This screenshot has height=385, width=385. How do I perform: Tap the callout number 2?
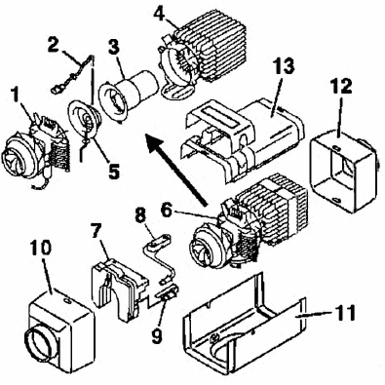tap(54, 45)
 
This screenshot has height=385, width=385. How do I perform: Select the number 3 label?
tap(114, 49)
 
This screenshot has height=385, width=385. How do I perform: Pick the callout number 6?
tap(167, 212)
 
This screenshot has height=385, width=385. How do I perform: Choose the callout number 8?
tap(140, 216)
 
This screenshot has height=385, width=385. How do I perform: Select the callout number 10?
tap(41, 249)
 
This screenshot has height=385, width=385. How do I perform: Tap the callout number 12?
tap(341, 86)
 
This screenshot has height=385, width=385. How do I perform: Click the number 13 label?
tap(284, 65)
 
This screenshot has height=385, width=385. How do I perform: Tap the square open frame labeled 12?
tap(344, 171)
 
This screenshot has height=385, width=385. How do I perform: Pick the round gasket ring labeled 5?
tap(84, 121)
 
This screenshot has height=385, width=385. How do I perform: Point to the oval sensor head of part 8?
tap(159, 241)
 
